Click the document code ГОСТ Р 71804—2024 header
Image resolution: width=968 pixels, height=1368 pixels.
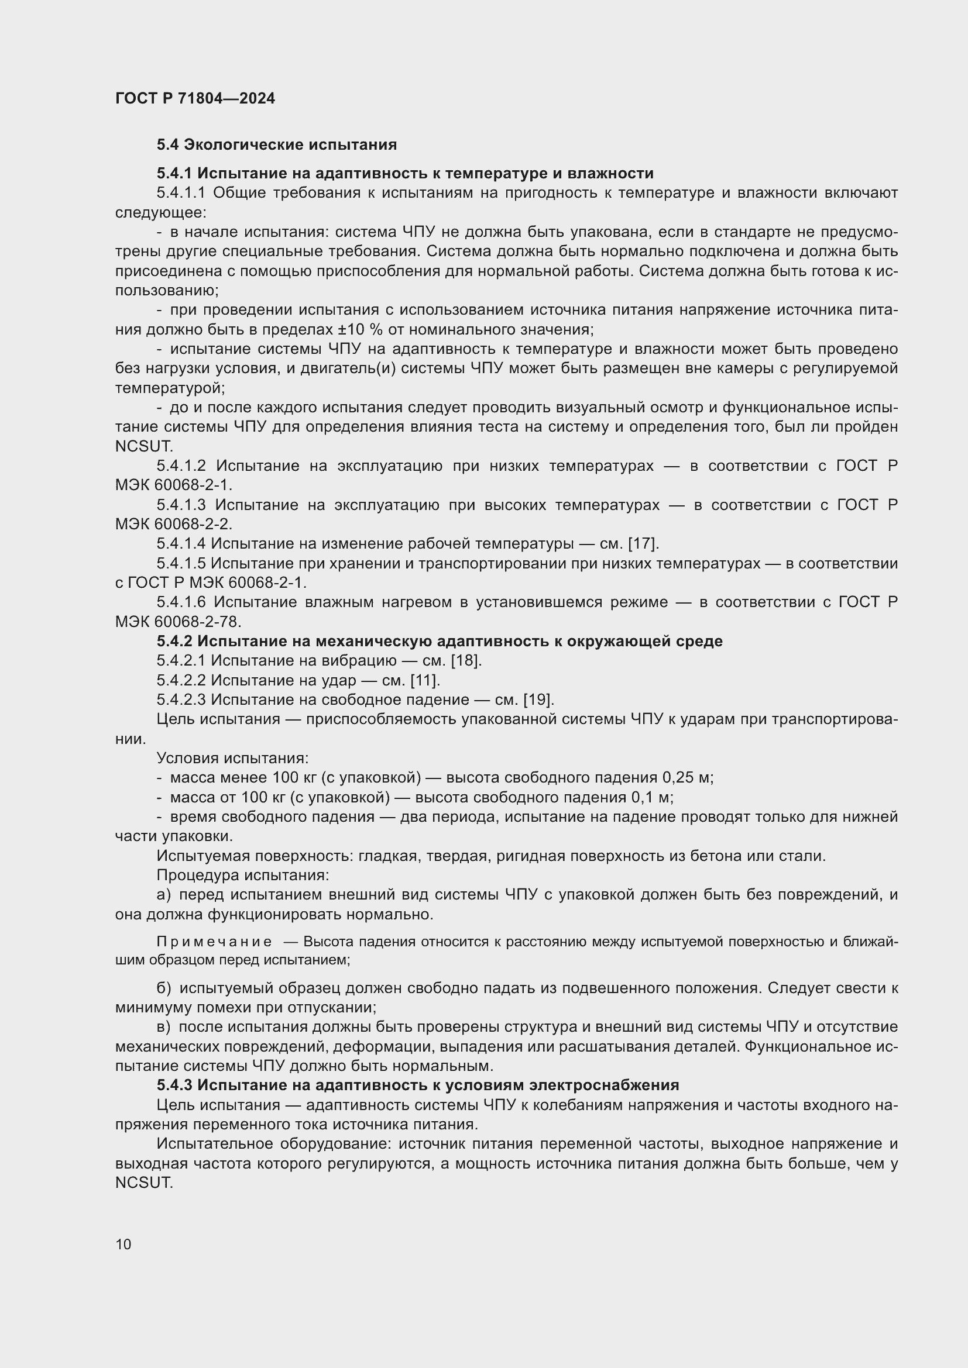pos(195,98)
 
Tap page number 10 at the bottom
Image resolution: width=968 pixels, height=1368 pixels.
pos(123,1244)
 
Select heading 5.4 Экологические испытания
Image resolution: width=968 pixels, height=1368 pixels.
pos(277,145)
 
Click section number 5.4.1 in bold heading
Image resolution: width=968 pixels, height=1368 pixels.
pos(174,173)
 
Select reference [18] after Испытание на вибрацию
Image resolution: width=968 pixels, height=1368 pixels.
pos(465,661)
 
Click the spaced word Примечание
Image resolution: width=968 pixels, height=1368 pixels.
pos(214,942)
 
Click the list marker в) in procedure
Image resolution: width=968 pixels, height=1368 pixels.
pos(163,1027)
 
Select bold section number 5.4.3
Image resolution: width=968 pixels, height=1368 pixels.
pos(174,1085)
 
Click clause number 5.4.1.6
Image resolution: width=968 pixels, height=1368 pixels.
pos(181,602)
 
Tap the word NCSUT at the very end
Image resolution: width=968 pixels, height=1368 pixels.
pos(143,1183)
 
